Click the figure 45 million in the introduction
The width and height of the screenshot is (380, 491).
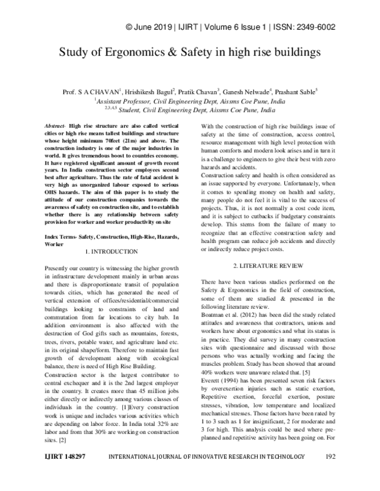(134, 393)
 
